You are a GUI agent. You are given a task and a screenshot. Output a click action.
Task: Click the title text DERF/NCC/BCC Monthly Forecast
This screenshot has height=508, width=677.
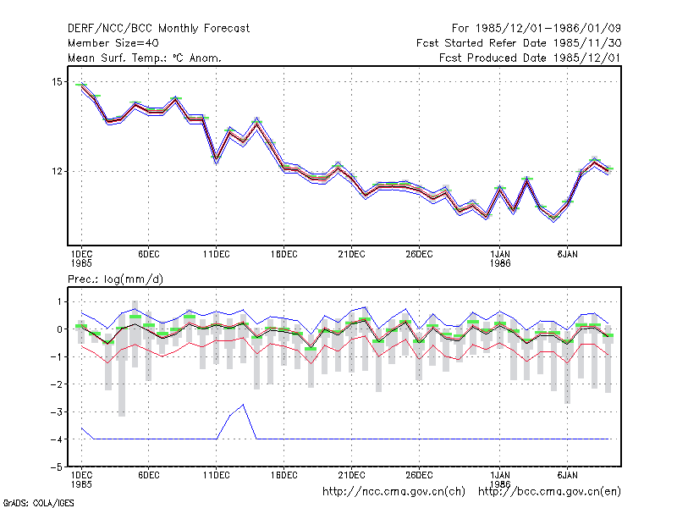(x=158, y=29)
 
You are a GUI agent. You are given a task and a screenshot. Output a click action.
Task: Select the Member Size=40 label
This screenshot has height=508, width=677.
(x=113, y=43)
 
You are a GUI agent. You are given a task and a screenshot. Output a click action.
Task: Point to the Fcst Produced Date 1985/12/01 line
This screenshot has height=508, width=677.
(x=530, y=58)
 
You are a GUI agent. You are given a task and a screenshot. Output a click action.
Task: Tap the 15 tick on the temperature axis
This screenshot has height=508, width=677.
(x=57, y=81)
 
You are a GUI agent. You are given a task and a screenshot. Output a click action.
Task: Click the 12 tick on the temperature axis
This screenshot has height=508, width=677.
(x=57, y=172)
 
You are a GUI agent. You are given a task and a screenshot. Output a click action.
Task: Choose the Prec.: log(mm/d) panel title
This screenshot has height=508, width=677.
(x=115, y=279)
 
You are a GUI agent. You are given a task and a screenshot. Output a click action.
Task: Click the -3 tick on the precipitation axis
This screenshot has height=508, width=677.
(x=56, y=411)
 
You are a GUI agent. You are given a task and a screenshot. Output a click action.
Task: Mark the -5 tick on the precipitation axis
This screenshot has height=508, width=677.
(x=56, y=467)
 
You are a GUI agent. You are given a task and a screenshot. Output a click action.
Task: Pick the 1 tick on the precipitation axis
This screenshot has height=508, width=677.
(x=59, y=301)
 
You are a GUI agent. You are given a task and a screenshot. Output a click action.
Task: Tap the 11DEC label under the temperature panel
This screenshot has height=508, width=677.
(x=217, y=255)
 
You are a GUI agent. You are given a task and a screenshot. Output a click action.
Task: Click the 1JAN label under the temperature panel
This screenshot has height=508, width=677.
(x=500, y=255)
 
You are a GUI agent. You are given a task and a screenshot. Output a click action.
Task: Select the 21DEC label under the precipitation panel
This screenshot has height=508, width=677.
(x=351, y=475)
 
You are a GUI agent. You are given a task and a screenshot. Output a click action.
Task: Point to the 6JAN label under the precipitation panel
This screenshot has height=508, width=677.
(x=567, y=475)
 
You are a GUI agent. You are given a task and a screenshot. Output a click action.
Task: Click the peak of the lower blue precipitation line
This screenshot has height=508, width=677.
(x=244, y=405)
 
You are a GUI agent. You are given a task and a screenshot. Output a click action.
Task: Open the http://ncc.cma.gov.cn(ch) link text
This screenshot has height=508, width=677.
(x=394, y=492)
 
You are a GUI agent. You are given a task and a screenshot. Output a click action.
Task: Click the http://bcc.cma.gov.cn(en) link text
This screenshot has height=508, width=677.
(x=549, y=492)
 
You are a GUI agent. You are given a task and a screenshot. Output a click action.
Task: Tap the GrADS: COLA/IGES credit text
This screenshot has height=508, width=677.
(x=38, y=503)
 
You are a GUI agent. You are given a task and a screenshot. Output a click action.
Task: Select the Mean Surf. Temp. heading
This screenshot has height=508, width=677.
(x=119, y=58)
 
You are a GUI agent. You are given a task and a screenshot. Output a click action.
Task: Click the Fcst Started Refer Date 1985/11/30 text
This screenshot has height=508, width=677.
(x=519, y=43)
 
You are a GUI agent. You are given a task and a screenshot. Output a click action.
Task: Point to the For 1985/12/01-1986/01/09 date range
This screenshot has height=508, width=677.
(x=537, y=29)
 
